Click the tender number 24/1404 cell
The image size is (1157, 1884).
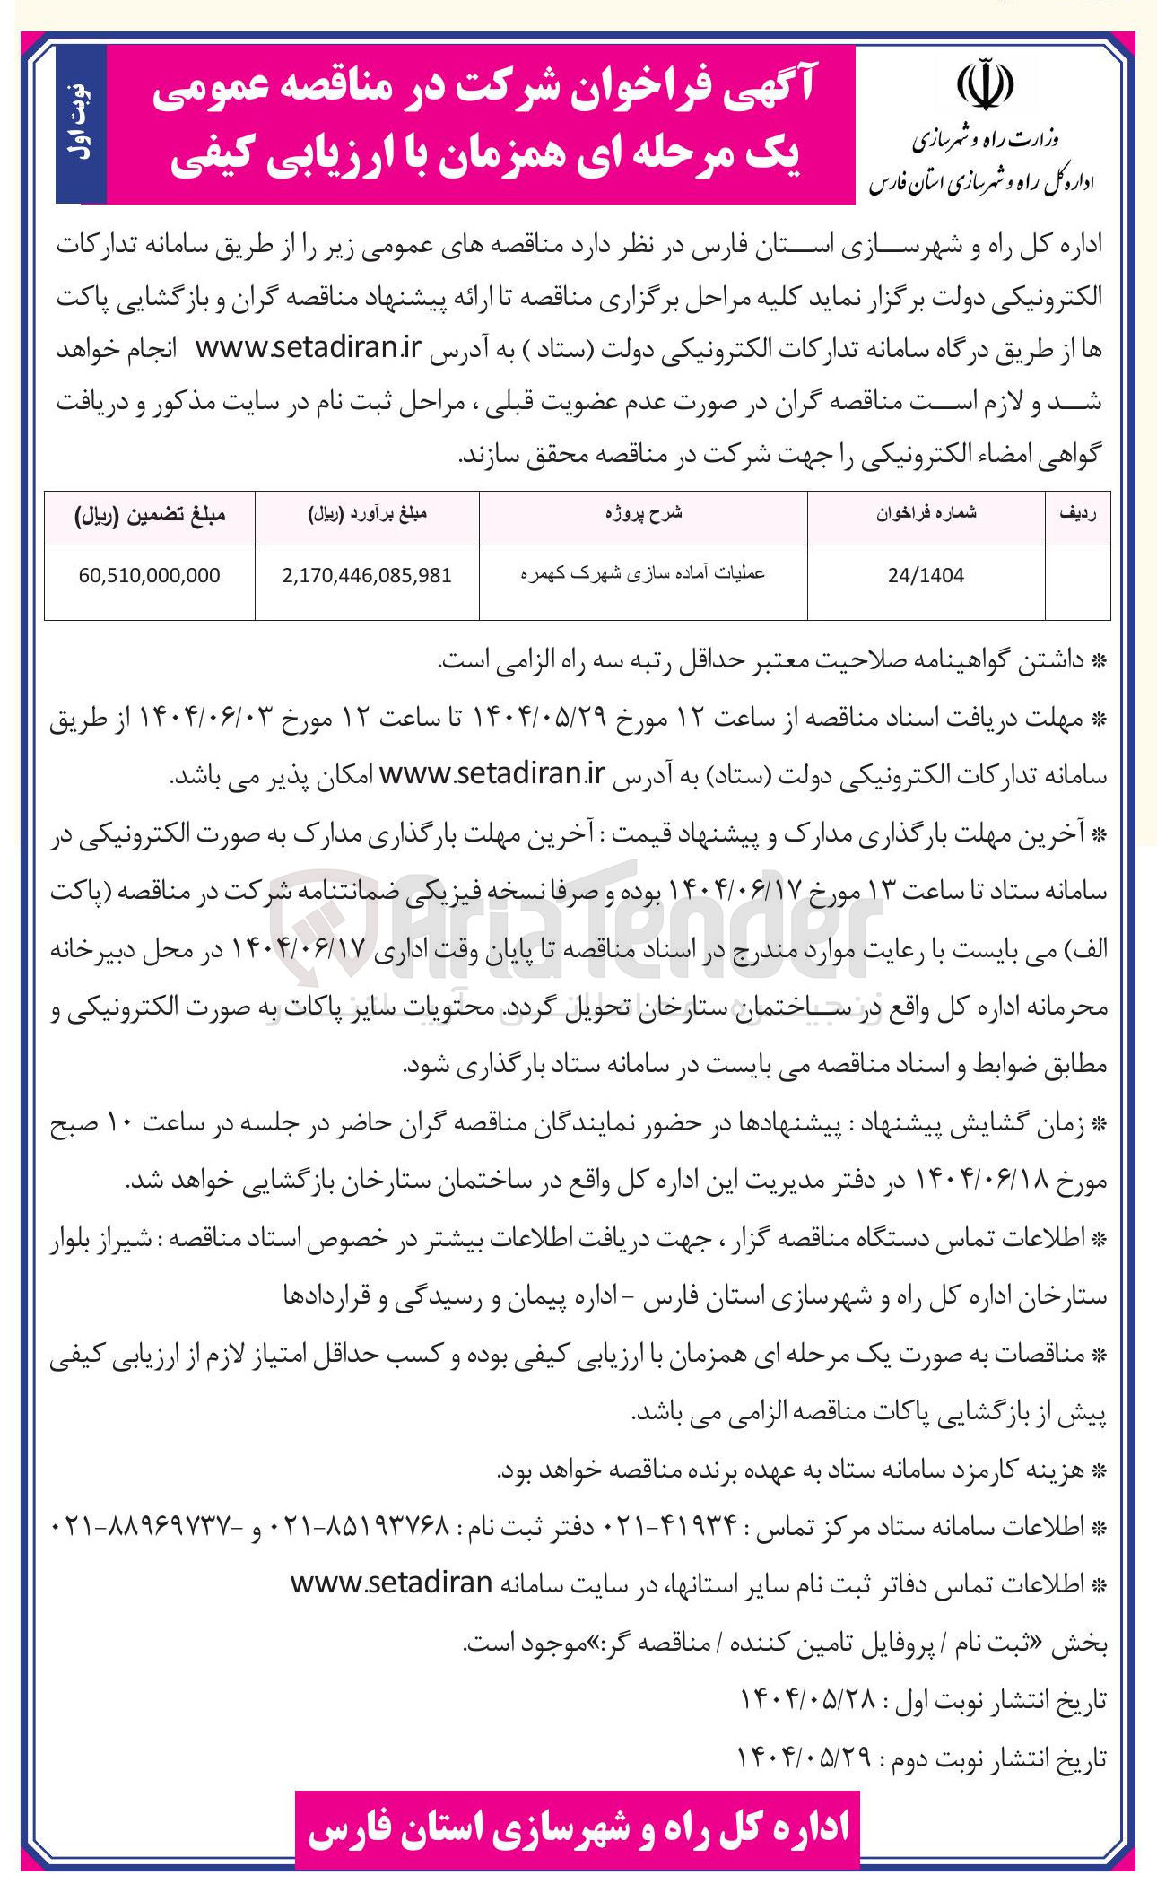tap(926, 576)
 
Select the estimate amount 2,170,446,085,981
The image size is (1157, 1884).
tap(367, 576)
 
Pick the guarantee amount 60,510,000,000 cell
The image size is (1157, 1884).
tap(149, 576)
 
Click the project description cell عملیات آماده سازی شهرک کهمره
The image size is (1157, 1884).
tap(643, 574)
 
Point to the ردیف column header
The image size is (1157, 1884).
tap(1077, 514)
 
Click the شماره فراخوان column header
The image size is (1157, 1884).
tap(926, 514)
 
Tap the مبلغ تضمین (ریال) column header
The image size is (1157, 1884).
tap(149, 515)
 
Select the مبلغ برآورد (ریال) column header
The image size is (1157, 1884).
tap(367, 515)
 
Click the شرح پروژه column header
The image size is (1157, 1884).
tap(643, 514)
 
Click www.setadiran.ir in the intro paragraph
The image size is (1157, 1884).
tap(309, 348)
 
